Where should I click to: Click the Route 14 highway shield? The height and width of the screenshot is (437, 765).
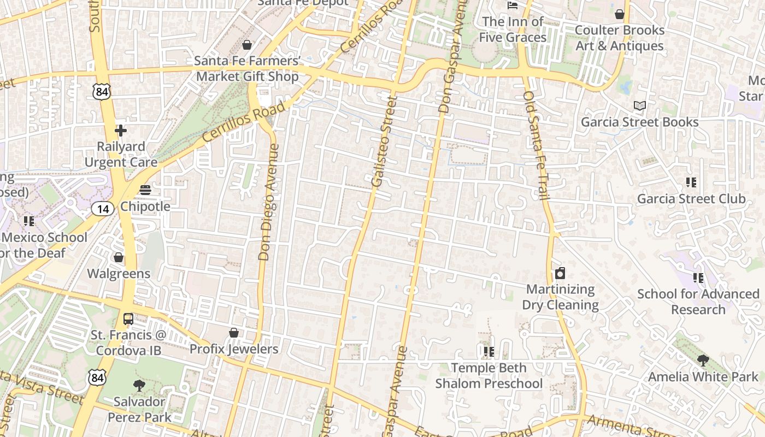coord(103,208)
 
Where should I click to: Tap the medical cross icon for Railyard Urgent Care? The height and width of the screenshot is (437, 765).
coord(121,131)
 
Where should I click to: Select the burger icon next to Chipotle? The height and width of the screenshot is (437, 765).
coord(145,190)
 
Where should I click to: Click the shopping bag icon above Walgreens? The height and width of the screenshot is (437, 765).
coord(119,257)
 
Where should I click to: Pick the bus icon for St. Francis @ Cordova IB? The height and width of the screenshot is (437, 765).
coord(128,318)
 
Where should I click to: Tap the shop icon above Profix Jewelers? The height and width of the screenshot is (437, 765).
coord(234,332)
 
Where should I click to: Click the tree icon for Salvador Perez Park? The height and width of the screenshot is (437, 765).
coord(139,385)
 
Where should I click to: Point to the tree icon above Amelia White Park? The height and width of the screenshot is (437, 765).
coord(703,360)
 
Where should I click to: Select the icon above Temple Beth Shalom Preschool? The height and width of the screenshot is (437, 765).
coord(489,351)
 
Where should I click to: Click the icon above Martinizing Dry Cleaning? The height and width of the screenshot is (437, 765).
coord(560,273)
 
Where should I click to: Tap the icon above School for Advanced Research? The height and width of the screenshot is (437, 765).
coord(698,278)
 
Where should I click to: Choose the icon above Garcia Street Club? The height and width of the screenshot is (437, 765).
coord(691,182)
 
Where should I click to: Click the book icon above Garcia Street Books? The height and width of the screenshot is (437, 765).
coord(639,105)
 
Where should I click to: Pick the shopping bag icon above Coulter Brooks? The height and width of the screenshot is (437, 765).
coord(620,14)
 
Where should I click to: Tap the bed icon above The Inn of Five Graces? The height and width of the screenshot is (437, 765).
coord(513,5)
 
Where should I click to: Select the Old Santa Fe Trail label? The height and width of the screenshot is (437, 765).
coord(535,145)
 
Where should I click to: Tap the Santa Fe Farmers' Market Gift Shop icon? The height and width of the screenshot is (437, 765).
coord(247,44)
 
